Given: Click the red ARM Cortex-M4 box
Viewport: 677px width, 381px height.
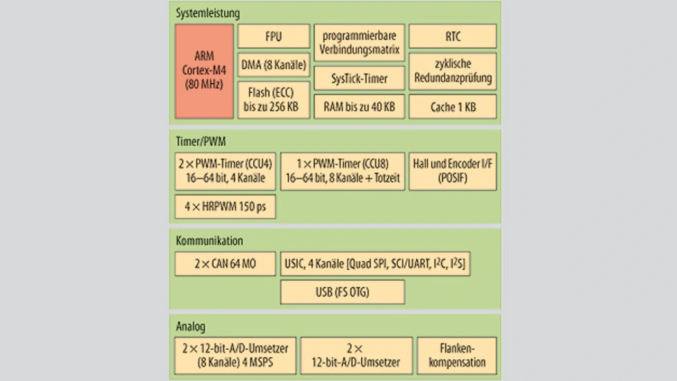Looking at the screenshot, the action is [204, 71].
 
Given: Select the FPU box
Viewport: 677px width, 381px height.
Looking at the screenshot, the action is [274, 37].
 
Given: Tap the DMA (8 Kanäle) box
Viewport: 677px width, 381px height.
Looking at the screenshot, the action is [274, 65].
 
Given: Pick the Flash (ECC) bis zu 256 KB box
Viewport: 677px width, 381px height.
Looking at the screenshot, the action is [274, 100].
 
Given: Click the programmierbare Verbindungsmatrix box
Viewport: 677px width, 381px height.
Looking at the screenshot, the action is [359, 43].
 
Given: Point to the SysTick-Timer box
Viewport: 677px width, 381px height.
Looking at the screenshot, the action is [359, 78].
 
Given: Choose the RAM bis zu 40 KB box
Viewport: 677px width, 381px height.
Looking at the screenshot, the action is [359, 107].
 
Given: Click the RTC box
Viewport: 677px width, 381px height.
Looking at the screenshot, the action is [453, 37].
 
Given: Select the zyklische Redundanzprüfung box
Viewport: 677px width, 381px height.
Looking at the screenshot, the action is [453, 72].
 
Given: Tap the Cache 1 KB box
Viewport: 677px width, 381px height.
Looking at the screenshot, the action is [453, 107].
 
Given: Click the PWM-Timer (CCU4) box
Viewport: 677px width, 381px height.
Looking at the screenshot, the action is [225, 171].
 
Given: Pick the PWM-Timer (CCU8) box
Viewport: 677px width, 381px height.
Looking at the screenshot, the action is [343, 171].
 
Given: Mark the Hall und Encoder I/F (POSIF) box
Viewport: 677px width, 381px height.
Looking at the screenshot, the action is [453, 171].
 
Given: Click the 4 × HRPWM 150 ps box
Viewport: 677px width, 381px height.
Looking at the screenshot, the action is [225, 207].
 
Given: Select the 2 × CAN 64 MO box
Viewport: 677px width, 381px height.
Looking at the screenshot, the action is [225, 264].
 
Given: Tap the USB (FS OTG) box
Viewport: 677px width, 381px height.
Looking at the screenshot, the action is [343, 292].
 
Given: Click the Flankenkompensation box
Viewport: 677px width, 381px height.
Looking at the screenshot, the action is [457, 356].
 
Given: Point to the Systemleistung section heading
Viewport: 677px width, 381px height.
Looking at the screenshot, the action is [208, 13].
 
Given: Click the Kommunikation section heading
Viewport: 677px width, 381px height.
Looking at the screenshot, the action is [209, 241].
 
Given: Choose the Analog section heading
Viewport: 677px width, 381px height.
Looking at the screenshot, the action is [191, 326].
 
